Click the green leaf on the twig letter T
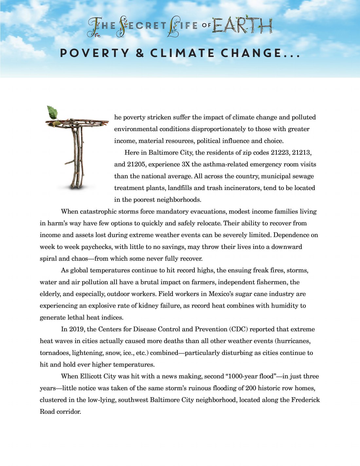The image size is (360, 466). click(x=52, y=112)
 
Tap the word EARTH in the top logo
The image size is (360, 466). click(x=242, y=26)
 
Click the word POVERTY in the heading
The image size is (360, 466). click(x=95, y=53)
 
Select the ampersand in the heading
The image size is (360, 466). click(x=140, y=53)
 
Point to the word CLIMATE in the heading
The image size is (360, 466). click(x=182, y=53)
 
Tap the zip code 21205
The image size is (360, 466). click(x=137, y=164)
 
